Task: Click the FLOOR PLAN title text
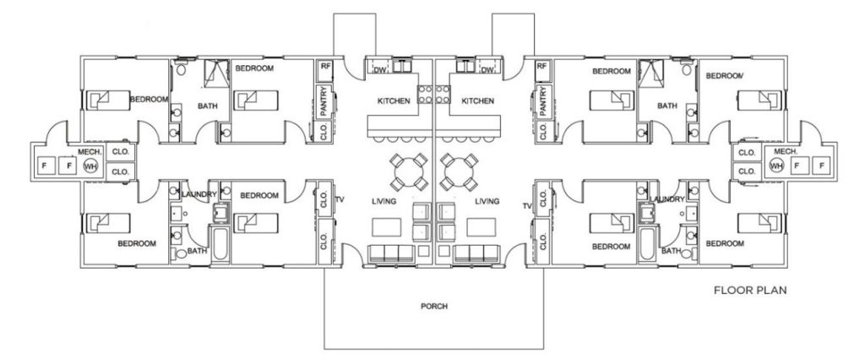[x=750, y=290]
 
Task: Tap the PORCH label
[x=434, y=306]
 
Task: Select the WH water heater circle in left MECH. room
[x=90, y=165]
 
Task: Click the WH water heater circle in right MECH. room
[x=776, y=165]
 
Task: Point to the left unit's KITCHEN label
[x=394, y=101]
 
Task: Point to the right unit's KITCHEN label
[x=477, y=101]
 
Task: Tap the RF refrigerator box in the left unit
[x=324, y=69]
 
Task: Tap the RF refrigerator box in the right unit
[x=541, y=69]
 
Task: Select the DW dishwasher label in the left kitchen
[x=379, y=70]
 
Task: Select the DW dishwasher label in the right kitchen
[x=487, y=70]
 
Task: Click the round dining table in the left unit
[x=409, y=172]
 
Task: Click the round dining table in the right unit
[x=458, y=172]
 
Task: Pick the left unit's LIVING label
[x=384, y=201]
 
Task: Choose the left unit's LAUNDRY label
[x=199, y=194]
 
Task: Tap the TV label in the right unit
[x=527, y=206]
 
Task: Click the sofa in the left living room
[x=390, y=254]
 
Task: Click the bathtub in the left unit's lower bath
[x=220, y=243]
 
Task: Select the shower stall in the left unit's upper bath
[x=216, y=74]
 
